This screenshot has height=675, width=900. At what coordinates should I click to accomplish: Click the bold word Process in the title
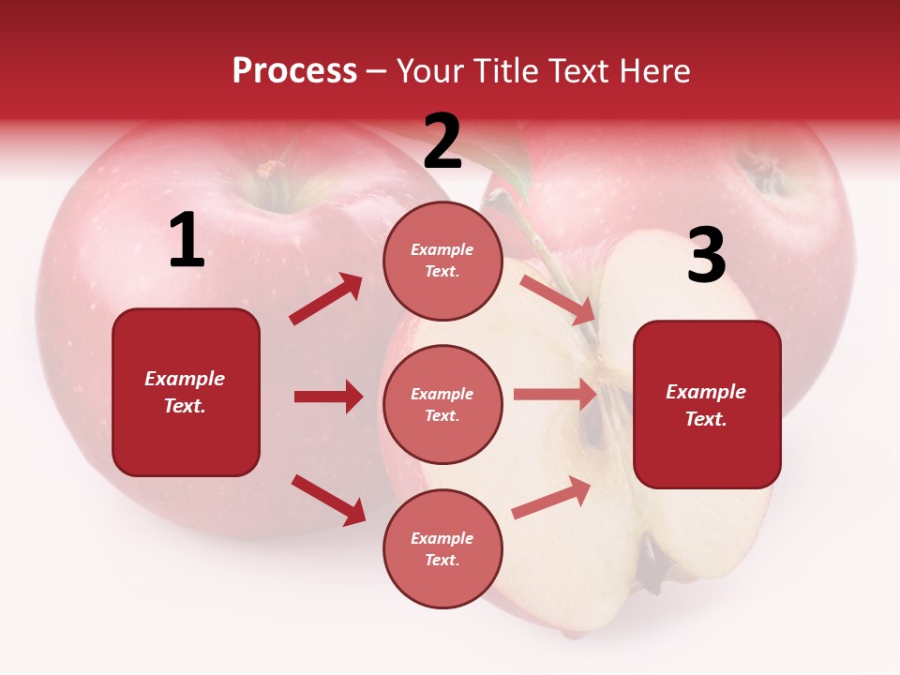[294, 71]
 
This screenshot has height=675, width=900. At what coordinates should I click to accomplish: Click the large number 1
[187, 241]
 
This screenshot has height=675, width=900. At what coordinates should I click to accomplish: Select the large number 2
[442, 142]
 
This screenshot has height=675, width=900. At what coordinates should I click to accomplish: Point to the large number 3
[706, 255]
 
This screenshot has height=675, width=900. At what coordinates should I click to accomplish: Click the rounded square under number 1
[186, 392]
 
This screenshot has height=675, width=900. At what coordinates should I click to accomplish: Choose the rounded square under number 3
[707, 405]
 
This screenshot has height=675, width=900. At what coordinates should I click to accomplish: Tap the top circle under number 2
[442, 261]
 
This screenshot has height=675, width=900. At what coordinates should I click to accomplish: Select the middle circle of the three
[442, 405]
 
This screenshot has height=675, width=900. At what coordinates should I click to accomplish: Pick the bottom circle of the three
[442, 549]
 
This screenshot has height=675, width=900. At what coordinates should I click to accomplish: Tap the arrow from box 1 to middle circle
[328, 397]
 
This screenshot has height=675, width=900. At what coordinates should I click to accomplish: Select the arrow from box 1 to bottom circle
[328, 500]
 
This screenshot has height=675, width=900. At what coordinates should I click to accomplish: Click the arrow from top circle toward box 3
[557, 299]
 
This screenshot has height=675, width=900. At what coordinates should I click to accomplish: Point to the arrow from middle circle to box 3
[555, 395]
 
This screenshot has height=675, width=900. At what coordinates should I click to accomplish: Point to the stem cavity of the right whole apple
[764, 169]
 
